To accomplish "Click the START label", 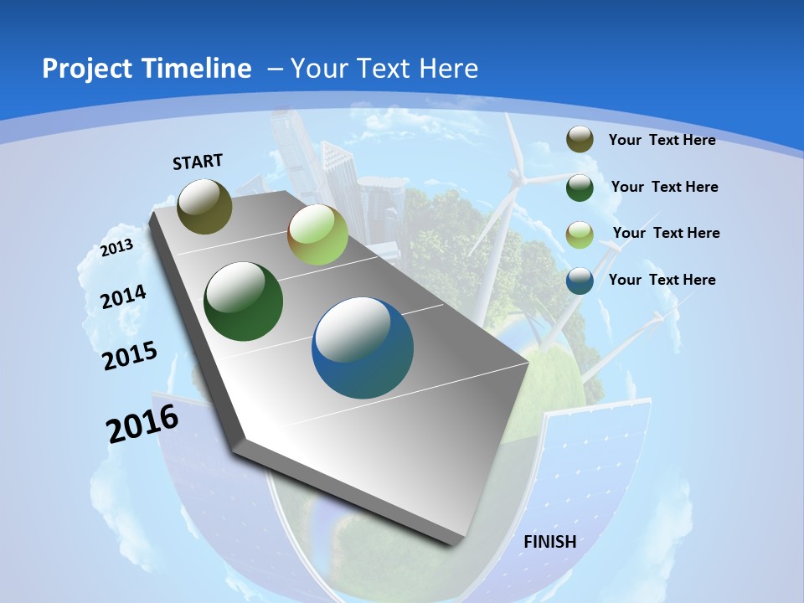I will [x=198, y=162].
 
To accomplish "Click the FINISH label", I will [x=549, y=542].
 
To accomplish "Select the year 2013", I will [x=117, y=247].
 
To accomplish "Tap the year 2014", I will [x=124, y=296].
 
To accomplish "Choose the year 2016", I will [x=142, y=424].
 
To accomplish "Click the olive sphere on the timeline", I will [x=204, y=206].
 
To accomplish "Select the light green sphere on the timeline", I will [x=317, y=235].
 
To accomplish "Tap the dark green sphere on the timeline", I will [x=244, y=301].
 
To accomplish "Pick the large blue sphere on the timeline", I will [x=363, y=348].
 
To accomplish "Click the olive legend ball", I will [x=580, y=140].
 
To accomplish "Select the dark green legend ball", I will [x=580, y=188].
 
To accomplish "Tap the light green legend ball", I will [x=580, y=234].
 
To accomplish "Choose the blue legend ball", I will [x=580, y=281].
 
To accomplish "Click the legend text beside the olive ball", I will [x=662, y=140].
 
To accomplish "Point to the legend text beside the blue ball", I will [x=662, y=280].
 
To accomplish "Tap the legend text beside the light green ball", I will [x=666, y=233].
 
